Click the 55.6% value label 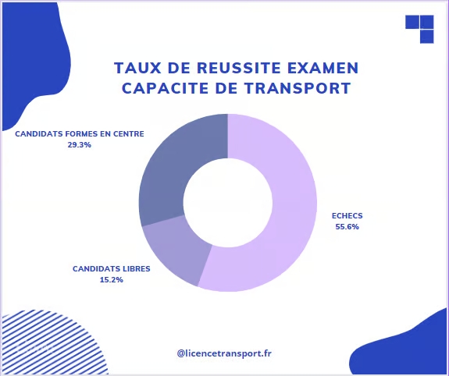coord(347,227)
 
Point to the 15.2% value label coord(112,279)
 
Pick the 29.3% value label coord(80,144)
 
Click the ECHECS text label coord(347,216)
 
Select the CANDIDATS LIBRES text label coord(112,268)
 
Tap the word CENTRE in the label coord(128,133)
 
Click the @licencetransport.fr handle coord(224,353)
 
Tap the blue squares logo coord(420,29)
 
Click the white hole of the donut coord(227,203)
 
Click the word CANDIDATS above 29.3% coord(39,133)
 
